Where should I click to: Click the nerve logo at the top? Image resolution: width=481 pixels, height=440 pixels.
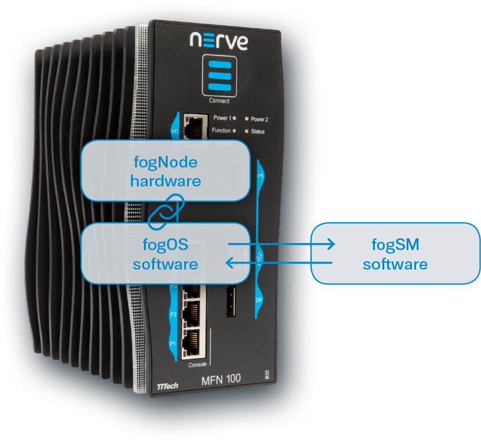[218, 40]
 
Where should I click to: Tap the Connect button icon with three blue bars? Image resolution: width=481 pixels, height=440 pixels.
[219, 76]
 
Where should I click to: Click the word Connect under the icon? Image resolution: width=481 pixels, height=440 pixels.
[219, 100]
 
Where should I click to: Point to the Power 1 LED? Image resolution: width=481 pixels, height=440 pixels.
[235, 119]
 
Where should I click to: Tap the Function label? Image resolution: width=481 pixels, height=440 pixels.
[221, 130]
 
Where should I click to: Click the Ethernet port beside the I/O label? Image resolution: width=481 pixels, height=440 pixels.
[194, 126]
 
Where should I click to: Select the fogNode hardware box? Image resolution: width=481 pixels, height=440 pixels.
[165, 170]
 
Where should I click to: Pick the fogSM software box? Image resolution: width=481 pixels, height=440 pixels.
[395, 253]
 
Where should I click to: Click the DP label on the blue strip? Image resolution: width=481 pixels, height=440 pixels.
[259, 300]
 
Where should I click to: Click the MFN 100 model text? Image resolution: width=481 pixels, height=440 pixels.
[221, 379]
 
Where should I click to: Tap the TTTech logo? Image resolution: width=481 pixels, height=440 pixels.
[168, 386]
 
